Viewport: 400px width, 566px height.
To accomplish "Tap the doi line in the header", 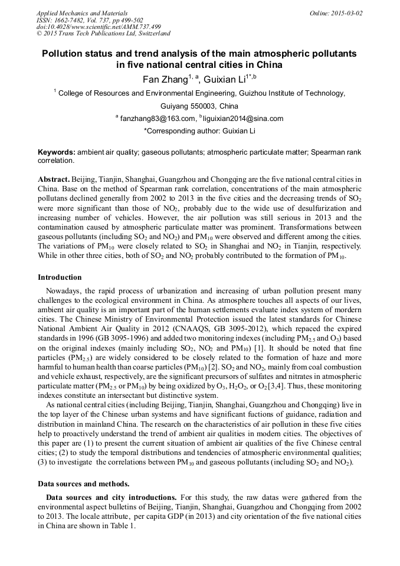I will (99, 27).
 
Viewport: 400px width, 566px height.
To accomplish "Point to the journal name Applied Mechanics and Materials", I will (82, 13).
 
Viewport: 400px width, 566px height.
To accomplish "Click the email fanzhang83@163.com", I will (156, 119).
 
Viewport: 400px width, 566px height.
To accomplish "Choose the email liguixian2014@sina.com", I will (243, 119).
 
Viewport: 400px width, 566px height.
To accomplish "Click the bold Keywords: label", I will (57, 152).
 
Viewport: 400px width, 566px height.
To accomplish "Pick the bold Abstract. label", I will (54, 179).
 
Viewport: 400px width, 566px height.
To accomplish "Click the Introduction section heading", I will (60, 277).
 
